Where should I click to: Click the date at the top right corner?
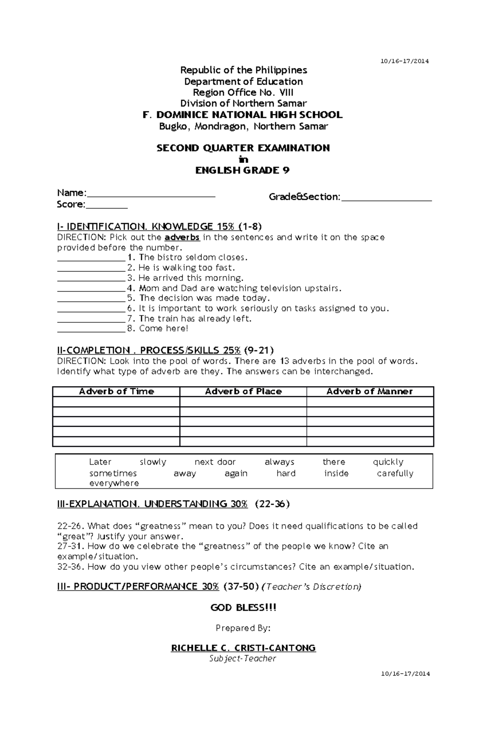click(x=404, y=61)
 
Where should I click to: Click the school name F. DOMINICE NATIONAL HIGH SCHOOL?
click(x=243, y=115)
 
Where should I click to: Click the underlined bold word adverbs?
click(x=182, y=237)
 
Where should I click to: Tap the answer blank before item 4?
click(x=91, y=289)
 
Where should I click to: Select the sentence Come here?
click(x=164, y=328)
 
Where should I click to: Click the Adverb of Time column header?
click(x=116, y=391)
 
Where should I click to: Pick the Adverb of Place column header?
click(x=243, y=391)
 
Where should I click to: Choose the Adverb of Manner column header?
click(x=369, y=391)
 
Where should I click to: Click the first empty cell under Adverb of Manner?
click(x=370, y=402)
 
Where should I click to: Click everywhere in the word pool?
click(x=114, y=483)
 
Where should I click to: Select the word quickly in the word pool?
click(x=388, y=462)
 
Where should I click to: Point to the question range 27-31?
click(x=71, y=546)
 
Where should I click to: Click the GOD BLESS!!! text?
click(x=243, y=608)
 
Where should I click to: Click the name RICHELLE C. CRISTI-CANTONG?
click(x=243, y=648)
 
